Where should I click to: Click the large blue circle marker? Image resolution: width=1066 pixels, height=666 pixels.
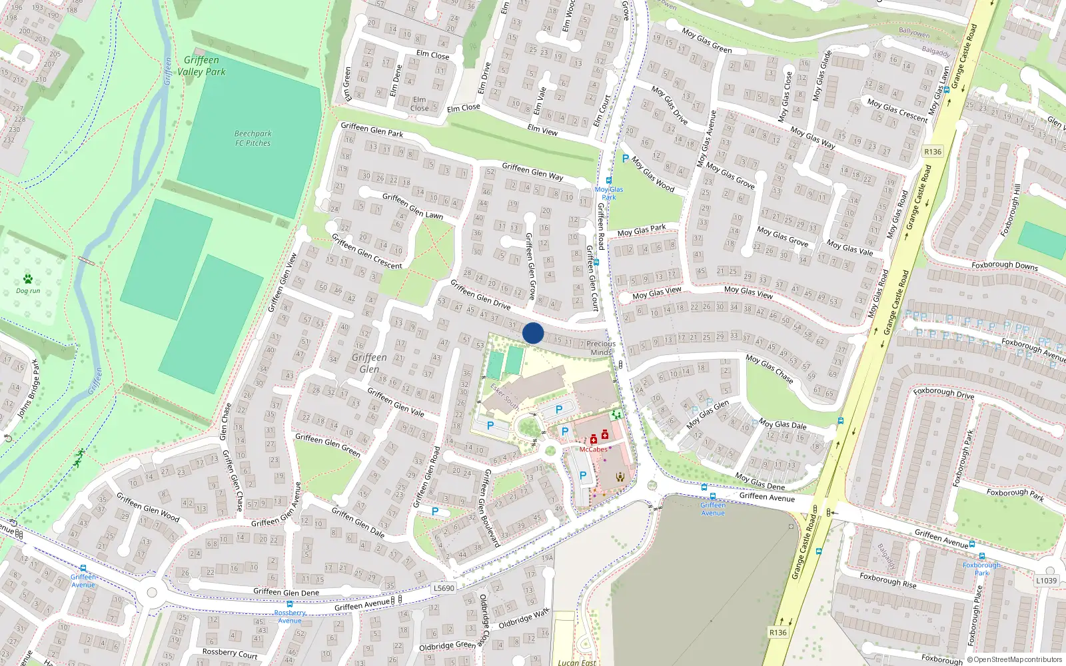point(533,333)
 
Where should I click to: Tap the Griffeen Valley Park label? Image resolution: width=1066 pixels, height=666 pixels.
point(201,66)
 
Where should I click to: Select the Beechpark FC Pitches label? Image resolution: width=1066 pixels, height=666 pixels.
point(253,138)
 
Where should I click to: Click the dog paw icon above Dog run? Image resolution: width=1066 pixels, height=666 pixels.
point(28,279)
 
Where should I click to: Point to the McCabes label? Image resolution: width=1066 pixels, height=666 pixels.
point(593,450)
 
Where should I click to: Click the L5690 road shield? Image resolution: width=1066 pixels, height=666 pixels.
point(444,588)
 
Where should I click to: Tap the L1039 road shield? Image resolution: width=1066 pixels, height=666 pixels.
point(1046,581)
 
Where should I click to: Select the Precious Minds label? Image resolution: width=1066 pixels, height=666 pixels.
point(601,348)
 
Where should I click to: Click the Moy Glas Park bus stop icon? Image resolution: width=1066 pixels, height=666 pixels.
point(608,180)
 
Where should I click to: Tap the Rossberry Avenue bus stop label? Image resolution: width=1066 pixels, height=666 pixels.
point(290,617)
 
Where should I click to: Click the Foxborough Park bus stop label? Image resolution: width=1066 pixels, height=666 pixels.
point(981,569)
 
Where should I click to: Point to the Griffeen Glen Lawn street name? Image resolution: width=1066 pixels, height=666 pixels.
point(412,206)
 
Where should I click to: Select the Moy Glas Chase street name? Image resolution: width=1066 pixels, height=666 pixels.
point(770,368)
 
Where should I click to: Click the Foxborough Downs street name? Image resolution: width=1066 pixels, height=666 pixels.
point(1004,265)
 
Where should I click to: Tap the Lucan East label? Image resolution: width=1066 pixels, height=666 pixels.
point(577,662)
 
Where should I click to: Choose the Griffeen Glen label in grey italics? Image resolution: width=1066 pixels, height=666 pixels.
point(369,363)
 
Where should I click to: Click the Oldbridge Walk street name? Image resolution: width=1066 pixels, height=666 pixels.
point(524,618)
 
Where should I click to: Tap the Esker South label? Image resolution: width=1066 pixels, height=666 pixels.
point(504,396)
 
